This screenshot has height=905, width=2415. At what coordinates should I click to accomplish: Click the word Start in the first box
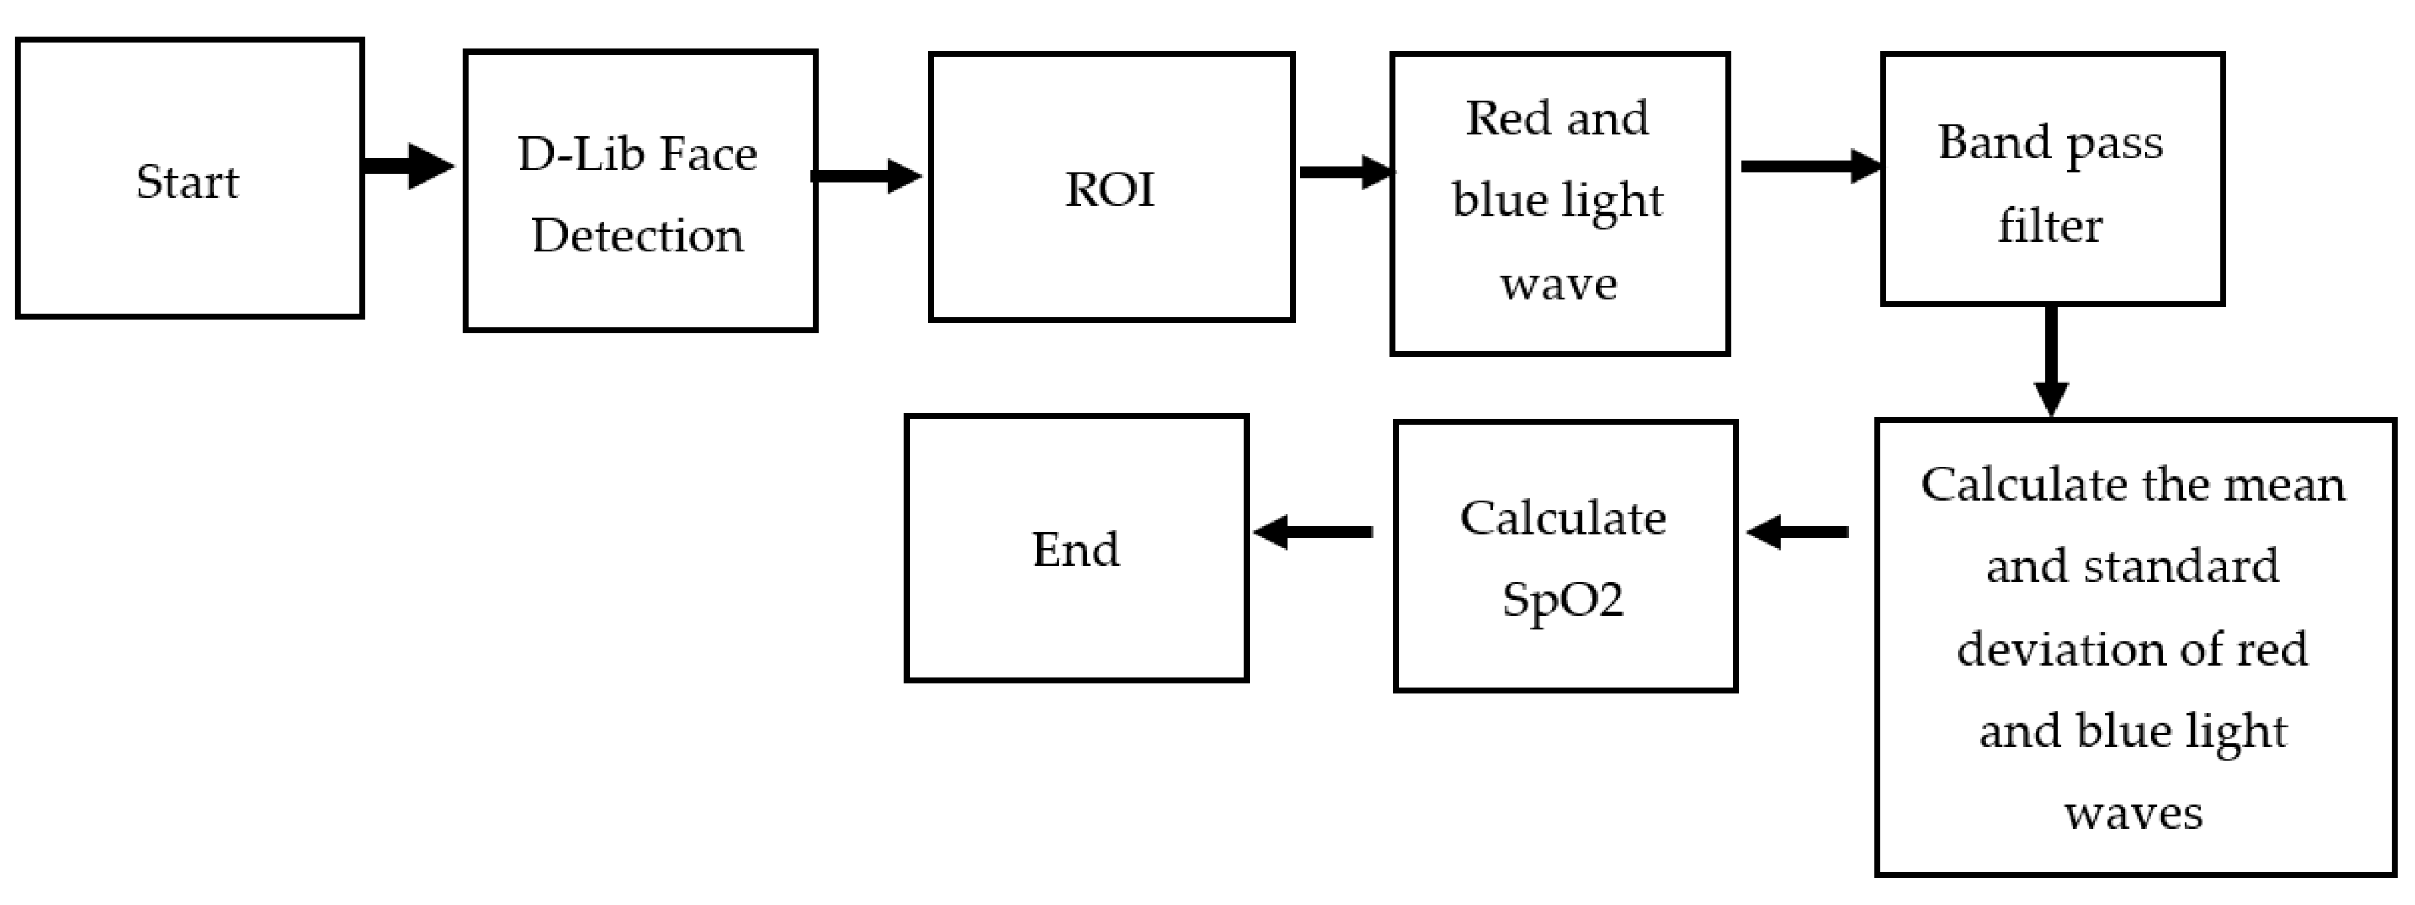pos(188,182)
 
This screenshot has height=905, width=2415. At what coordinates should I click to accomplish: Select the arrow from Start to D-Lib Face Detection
pos(408,167)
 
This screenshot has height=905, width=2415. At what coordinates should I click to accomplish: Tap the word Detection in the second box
pos(638,236)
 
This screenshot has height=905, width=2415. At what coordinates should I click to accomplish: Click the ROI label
pos(1110,189)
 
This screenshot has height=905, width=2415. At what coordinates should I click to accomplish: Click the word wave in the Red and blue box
pos(1558,284)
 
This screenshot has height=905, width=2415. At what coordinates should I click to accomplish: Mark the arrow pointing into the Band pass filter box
pos(1809,166)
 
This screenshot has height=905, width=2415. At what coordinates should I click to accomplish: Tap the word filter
pos(2050,226)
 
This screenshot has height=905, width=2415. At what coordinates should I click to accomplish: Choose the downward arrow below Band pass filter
pos(2052,361)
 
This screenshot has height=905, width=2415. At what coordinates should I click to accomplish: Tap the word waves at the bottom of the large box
pos(2133,813)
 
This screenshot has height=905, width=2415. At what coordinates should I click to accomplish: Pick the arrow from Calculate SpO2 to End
pos(1312,532)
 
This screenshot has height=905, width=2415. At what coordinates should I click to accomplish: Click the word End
pos(1076,550)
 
